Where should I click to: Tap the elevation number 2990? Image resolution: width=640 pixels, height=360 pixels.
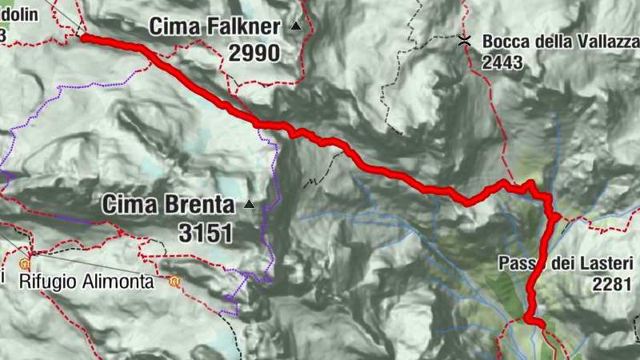[254, 54]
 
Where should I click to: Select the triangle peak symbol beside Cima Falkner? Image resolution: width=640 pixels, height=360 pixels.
[296, 26]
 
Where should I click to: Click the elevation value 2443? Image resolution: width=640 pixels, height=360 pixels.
[503, 62]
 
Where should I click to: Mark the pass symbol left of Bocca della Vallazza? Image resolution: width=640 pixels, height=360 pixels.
[463, 40]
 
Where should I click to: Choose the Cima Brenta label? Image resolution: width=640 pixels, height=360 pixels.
[168, 205]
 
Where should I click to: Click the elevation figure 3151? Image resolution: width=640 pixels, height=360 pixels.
[206, 233]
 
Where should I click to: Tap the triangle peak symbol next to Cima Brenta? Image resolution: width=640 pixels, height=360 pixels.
[249, 204]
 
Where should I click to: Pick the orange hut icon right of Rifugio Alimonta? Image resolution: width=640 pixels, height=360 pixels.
[174, 281]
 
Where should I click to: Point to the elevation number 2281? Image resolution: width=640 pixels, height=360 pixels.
[613, 283]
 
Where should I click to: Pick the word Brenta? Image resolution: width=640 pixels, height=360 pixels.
[200, 205]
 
